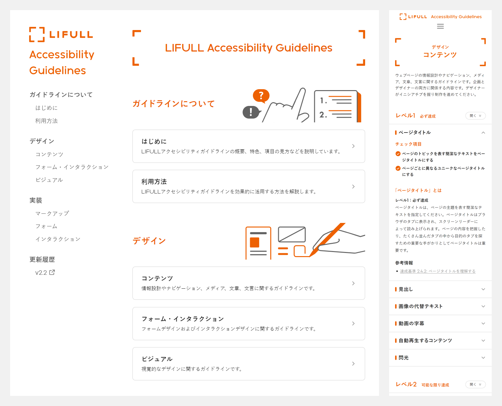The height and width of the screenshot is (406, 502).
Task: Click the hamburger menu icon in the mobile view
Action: click(440, 26)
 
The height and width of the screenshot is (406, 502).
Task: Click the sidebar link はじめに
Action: click(46, 108)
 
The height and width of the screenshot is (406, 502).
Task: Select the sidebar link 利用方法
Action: click(46, 121)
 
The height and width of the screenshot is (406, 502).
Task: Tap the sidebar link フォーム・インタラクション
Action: click(72, 167)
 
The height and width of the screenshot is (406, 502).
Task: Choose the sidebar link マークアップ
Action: click(52, 213)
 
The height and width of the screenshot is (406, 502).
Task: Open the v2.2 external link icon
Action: click(52, 272)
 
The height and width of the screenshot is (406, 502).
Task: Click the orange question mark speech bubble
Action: click(261, 95)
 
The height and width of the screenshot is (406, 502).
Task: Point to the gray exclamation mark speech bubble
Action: click(251, 112)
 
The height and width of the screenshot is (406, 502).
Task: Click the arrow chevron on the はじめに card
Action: click(353, 146)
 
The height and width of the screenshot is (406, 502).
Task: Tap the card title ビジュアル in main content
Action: click(157, 359)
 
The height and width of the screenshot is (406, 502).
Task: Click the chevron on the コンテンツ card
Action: click(353, 283)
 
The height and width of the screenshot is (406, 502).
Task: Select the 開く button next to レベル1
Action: click(475, 116)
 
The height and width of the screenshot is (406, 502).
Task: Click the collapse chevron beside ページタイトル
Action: click(483, 132)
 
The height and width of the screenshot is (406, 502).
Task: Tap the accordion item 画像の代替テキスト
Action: click(420, 306)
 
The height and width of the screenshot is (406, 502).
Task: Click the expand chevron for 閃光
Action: click(483, 358)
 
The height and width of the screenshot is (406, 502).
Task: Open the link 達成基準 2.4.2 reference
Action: click(438, 271)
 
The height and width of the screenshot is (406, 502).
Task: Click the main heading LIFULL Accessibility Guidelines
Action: click(248, 48)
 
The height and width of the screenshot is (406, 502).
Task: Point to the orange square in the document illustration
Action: click(254, 243)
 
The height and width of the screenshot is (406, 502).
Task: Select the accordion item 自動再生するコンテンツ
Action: click(425, 341)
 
